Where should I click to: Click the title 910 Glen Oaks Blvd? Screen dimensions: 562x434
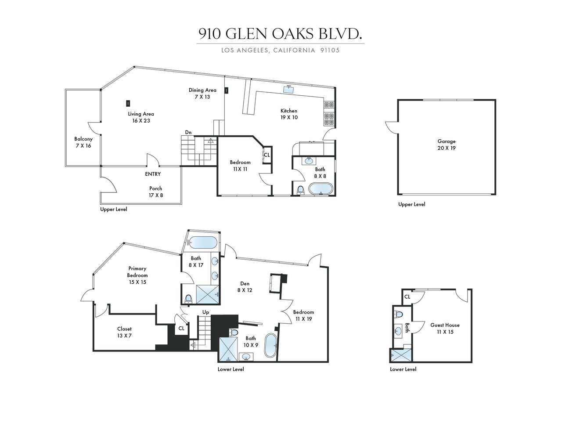(x=280, y=34)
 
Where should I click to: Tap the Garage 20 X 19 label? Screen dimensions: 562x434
(x=447, y=145)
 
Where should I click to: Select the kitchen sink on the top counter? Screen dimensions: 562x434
(x=288, y=90)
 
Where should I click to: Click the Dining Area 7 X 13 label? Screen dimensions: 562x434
(x=202, y=94)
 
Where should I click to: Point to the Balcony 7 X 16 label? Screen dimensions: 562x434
(x=83, y=142)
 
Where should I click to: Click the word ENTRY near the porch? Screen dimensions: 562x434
(x=153, y=174)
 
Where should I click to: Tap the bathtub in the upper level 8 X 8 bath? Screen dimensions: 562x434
(x=321, y=189)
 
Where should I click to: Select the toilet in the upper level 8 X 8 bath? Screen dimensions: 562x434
(x=300, y=190)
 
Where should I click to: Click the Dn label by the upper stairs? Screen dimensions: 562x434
(x=188, y=132)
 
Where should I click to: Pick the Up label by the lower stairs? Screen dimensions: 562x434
(x=205, y=312)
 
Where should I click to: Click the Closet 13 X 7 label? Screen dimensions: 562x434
(x=124, y=332)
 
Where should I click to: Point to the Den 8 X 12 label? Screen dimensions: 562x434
(x=245, y=286)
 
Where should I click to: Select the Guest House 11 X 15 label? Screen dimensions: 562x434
(x=445, y=329)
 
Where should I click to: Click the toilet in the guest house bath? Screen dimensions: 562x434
(x=399, y=315)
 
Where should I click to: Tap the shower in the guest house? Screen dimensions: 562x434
(x=400, y=355)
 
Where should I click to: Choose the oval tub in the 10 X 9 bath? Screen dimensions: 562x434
(x=270, y=345)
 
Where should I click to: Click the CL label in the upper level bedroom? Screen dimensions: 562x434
(x=267, y=155)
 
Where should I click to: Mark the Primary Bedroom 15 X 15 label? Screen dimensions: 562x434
(x=137, y=275)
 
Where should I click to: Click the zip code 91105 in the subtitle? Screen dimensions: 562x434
(x=330, y=50)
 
